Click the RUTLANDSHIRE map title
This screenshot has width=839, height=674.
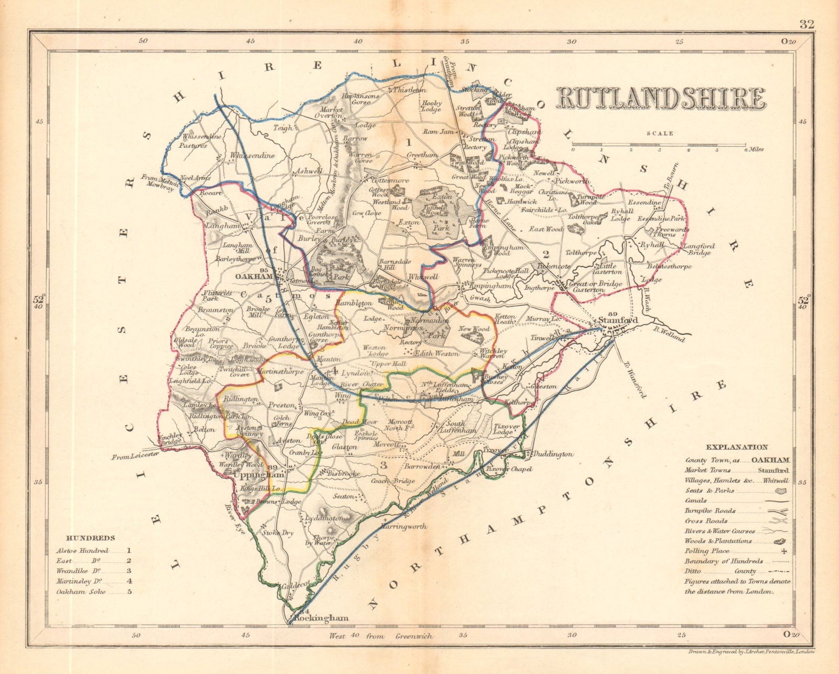[x=661, y=98]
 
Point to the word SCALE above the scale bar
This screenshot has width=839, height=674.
[x=660, y=134]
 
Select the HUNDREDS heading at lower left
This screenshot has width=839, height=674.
[x=90, y=538]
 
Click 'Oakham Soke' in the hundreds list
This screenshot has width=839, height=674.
[x=81, y=592]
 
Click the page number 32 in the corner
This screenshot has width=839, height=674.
[x=807, y=24]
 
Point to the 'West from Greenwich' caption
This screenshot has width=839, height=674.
[x=381, y=636]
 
